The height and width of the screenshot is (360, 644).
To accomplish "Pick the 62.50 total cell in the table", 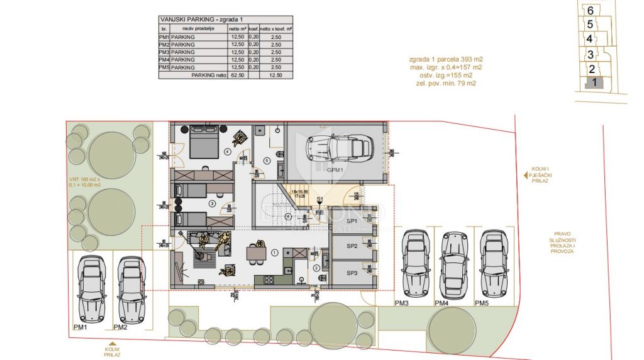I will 238,75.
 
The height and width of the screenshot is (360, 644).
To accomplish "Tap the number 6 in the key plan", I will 590,10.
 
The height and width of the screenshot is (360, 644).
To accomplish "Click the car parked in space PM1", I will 91,288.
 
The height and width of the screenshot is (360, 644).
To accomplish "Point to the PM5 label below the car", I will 481,304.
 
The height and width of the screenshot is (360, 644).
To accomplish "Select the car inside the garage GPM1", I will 338,149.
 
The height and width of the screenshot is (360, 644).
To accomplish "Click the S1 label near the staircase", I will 319,200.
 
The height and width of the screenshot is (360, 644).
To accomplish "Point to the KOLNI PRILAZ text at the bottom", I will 112,352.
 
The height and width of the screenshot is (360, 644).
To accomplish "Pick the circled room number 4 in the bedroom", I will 227,151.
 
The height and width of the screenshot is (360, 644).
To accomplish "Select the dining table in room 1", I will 255,253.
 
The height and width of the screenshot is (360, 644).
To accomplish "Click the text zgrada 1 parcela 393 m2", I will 445,59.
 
